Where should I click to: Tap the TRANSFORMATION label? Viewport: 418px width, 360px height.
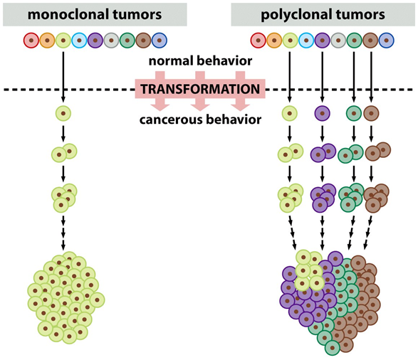(199, 90)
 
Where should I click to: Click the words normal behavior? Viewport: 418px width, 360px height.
(199, 61)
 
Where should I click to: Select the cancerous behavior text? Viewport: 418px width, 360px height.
(199, 118)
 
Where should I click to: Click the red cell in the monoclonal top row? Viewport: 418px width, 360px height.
(31, 40)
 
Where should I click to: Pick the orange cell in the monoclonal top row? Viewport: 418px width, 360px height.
(46, 40)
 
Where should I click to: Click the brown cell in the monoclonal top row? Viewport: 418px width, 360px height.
(142, 40)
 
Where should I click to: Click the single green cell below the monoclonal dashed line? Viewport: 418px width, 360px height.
(63, 112)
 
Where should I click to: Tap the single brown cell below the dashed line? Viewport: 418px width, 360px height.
(371, 112)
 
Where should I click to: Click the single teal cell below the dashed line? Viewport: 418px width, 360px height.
(354, 112)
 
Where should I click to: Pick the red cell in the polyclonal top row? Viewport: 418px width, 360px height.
(258, 40)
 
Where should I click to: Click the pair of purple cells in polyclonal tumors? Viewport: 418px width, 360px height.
(323, 152)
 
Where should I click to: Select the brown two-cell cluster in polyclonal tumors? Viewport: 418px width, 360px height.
(377, 152)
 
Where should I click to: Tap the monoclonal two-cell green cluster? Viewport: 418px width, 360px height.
(63, 152)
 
